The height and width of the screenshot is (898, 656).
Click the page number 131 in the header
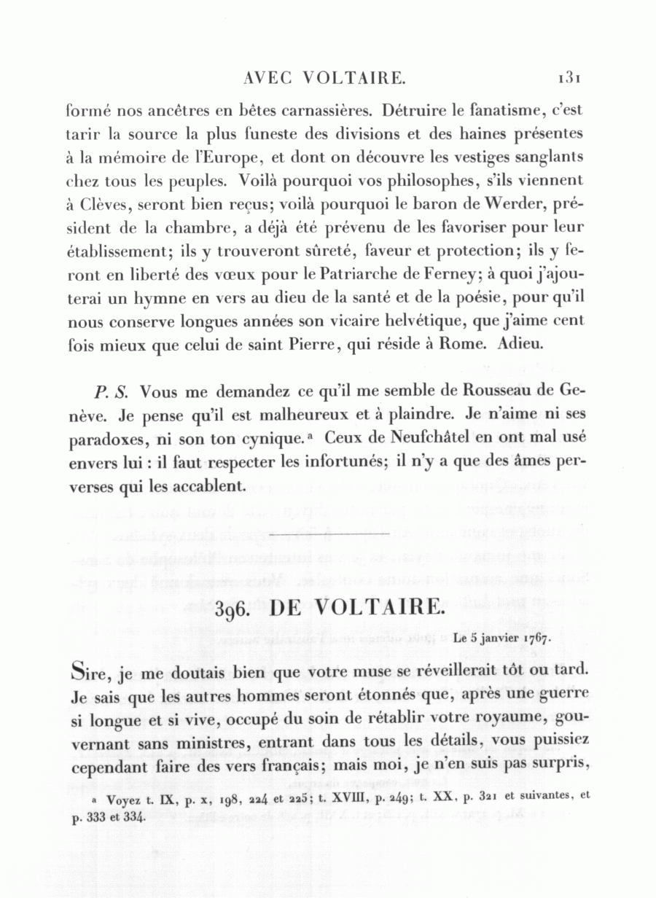[565, 75]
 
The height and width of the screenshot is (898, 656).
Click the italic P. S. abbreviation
[112, 391]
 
